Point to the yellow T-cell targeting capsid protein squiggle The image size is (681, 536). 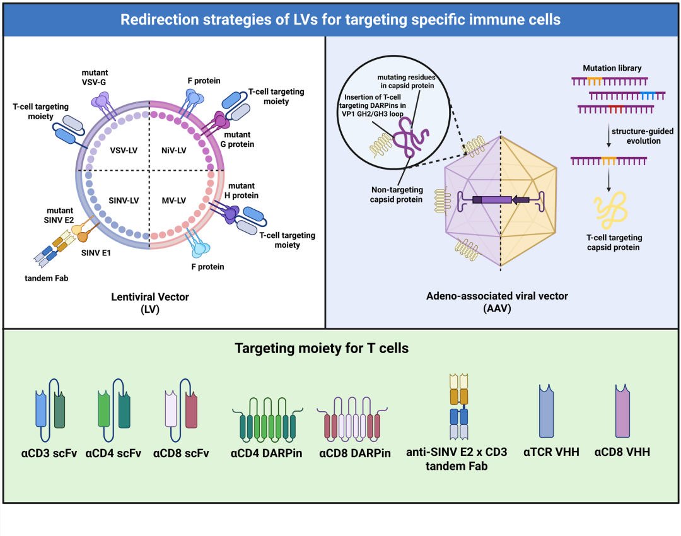pyautogui.click(x=610, y=212)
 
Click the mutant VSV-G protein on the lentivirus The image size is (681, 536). pyautogui.click(x=102, y=101)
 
